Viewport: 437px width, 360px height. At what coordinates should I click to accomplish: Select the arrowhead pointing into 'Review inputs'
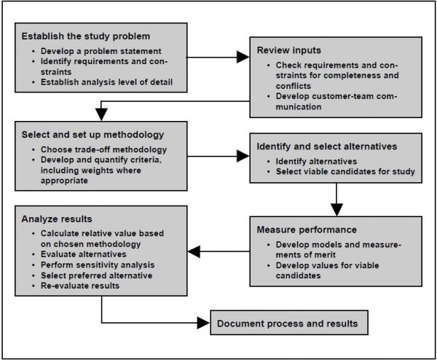click(x=243, y=55)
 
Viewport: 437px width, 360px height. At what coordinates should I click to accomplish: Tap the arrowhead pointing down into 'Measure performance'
click(x=336, y=210)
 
